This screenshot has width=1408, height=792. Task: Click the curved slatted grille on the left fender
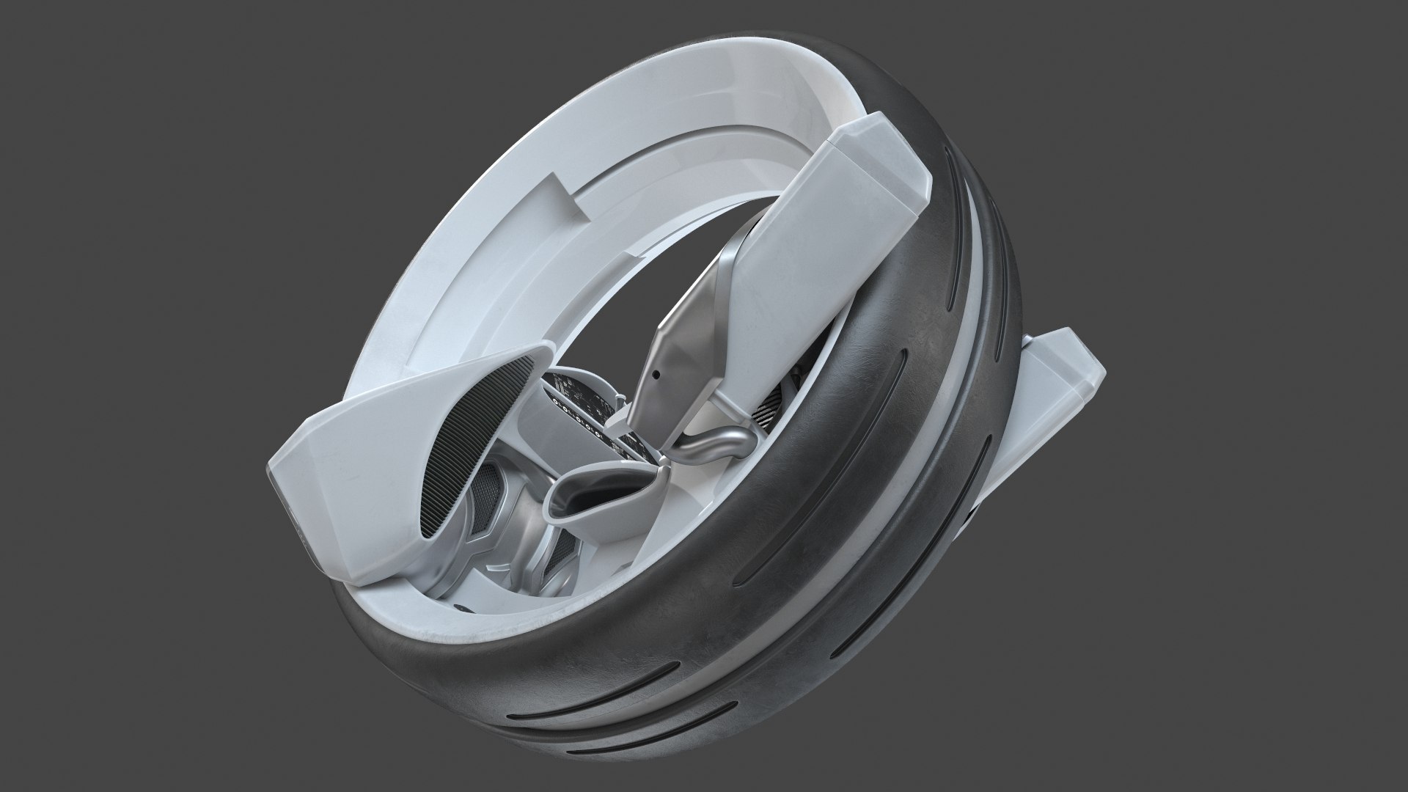(x=444, y=418)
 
